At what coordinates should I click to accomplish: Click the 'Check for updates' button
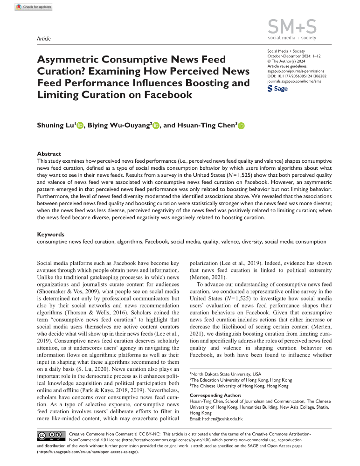pos(33,7)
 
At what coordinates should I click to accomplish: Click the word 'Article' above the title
pos(43,39)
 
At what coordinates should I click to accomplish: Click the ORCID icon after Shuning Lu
pos(79,125)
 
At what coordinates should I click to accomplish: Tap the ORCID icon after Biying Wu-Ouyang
pos(156,125)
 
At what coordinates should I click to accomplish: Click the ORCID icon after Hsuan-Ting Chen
pos(242,125)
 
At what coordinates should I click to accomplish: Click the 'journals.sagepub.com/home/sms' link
pos(295,81)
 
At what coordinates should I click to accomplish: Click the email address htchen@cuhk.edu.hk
pos(225,419)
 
